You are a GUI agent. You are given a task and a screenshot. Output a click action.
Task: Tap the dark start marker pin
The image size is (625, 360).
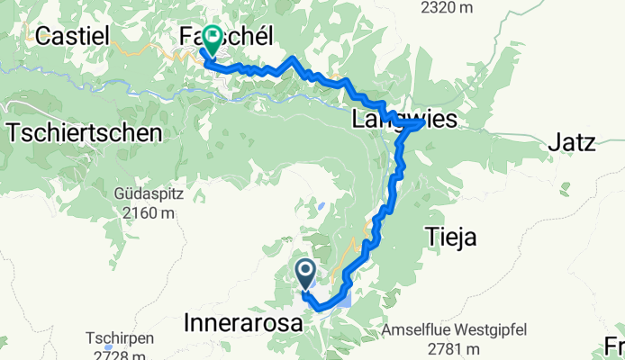click(305, 273)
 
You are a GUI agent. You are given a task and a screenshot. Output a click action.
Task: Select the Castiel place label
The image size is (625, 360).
click(72, 36)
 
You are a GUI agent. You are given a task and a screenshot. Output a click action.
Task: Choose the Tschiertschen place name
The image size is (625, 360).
click(84, 133)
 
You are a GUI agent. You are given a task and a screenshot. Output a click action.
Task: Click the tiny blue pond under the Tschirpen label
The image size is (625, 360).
click(109, 347)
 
